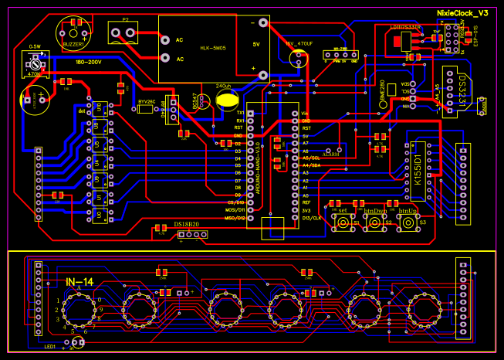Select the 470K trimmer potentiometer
tap(34, 69)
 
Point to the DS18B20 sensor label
tap(186, 223)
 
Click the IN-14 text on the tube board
tap(79, 282)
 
